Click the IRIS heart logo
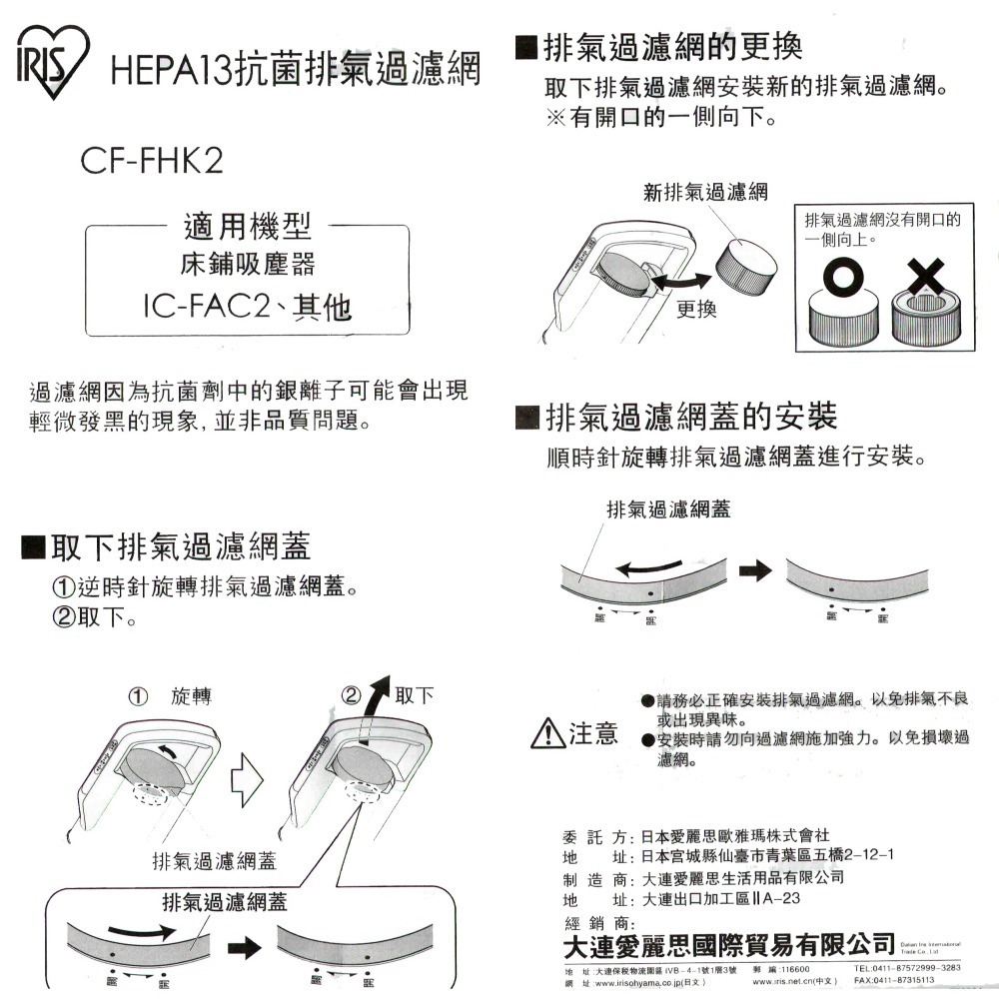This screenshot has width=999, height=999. pyautogui.click(x=51, y=61)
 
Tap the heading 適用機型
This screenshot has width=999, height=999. pyautogui.click(x=247, y=228)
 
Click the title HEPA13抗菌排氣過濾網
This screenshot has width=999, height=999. pyautogui.click(x=296, y=71)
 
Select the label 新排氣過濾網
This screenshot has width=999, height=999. pyautogui.click(x=705, y=193)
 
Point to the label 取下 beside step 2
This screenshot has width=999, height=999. pyautogui.click(x=415, y=694)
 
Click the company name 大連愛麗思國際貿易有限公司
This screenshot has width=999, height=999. pyautogui.click(x=728, y=942)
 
